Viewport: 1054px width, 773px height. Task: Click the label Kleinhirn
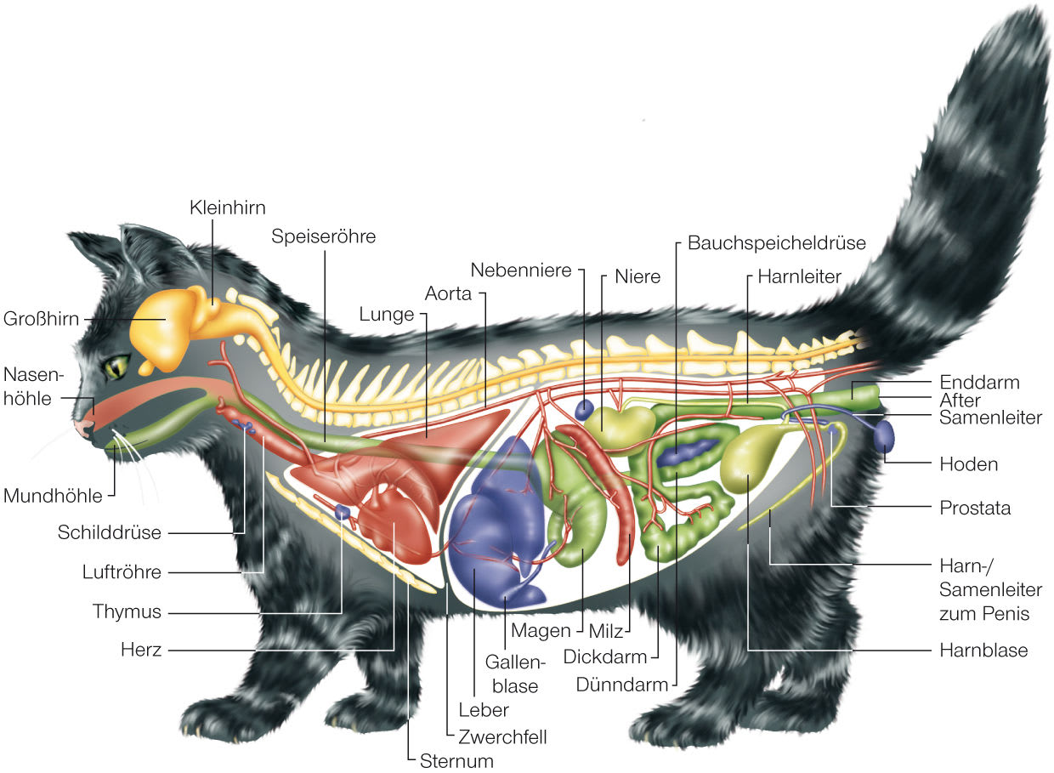[227, 207]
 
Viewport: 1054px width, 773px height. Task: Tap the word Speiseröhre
[323, 236]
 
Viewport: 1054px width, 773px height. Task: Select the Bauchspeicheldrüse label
[776, 243]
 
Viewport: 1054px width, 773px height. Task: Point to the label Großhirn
[41, 319]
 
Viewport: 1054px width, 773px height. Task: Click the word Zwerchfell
[502, 737]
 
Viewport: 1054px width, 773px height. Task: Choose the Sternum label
[456, 761]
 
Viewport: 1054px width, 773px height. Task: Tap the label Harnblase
[983, 651]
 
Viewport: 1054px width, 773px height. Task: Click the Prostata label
[975, 508]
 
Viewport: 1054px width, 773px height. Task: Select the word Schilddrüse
[109, 532]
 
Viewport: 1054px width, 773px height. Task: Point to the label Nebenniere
[521, 270]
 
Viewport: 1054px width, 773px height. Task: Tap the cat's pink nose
[84, 428]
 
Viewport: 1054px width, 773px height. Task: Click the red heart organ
[394, 524]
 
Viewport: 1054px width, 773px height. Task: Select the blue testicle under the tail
[884, 436]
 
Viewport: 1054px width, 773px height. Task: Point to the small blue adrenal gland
[585, 409]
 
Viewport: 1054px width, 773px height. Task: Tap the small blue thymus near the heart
[343, 511]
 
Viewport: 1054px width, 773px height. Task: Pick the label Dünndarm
[622, 685]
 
